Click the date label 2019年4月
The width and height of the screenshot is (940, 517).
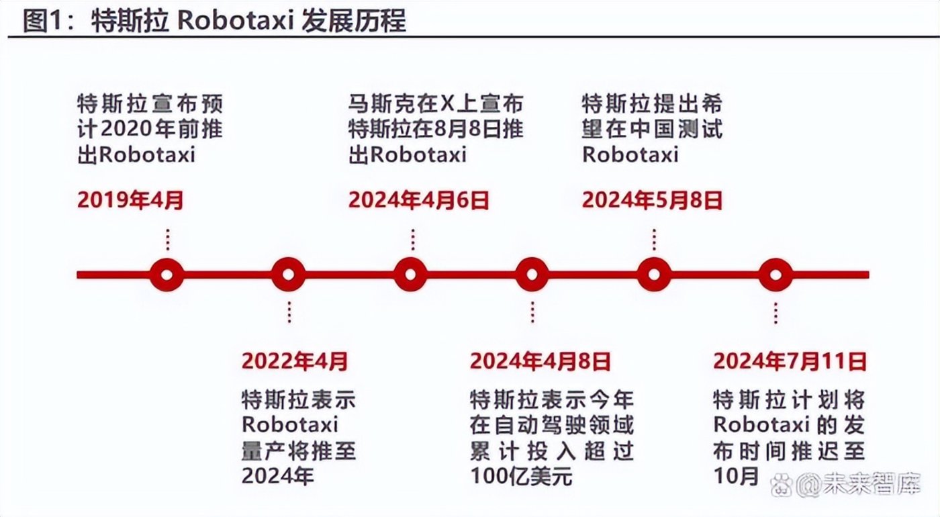pyautogui.click(x=130, y=199)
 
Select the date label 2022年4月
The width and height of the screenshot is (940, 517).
pyautogui.click(x=295, y=361)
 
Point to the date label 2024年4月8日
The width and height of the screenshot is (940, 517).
pyautogui.click(x=540, y=361)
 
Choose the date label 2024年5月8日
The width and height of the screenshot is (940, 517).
pyautogui.click(x=652, y=199)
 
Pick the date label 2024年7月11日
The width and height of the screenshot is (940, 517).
pyautogui.click(x=790, y=361)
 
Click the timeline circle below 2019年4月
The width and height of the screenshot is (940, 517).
pyautogui.click(x=167, y=274)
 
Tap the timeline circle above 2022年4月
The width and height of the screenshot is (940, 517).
pyautogui.click(x=289, y=274)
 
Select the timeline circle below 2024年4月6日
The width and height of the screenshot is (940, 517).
pyautogui.click(x=411, y=274)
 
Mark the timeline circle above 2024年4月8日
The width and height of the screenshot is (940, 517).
pyautogui.click(x=532, y=274)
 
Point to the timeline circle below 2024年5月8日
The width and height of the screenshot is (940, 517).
pyautogui.click(x=654, y=274)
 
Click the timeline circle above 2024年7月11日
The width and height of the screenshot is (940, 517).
pyautogui.click(x=775, y=274)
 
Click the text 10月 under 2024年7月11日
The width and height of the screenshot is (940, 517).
pyautogui.click(x=737, y=476)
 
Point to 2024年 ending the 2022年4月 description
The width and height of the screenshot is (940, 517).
pyautogui.click(x=278, y=476)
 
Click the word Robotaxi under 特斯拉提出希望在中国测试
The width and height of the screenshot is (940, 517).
pyautogui.click(x=630, y=154)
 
